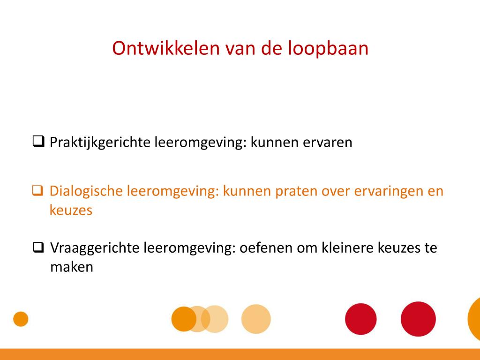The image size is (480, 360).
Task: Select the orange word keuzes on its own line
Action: tap(71, 210)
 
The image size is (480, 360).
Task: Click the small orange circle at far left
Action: tap(21, 319)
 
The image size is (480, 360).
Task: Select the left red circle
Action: tap(360, 319)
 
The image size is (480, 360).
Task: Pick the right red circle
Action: tap(418, 319)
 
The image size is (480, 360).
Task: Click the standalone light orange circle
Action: tap(256, 319)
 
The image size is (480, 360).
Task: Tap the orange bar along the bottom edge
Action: tap(240, 354)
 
